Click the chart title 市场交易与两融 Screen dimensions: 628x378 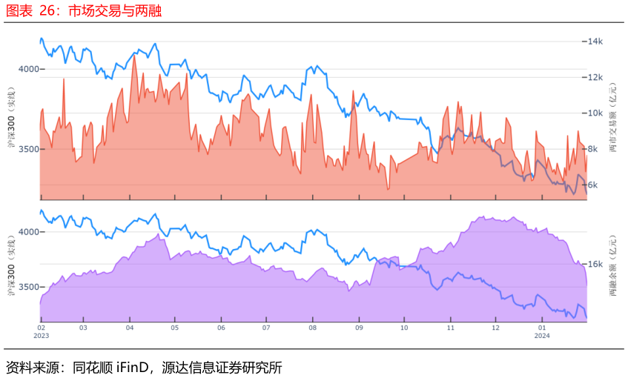click(115, 11)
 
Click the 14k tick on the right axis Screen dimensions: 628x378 click(595, 42)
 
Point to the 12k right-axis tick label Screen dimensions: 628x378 click(595, 77)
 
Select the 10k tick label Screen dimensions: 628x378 click(595, 113)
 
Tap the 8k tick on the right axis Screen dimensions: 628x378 click(592, 149)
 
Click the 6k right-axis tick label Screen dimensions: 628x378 click(592, 185)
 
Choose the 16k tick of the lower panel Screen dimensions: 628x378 click(595, 264)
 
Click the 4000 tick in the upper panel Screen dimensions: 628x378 click(29, 69)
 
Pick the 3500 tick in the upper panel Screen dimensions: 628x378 click(29, 149)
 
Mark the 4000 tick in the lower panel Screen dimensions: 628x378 click(29, 232)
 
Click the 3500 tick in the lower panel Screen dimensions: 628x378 click(29, 287)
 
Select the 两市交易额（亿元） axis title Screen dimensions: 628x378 click(613, 117)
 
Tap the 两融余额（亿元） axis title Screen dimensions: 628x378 click(613, 265)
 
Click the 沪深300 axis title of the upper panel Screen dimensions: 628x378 click(11, 117)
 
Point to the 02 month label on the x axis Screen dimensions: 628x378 click(42, 328)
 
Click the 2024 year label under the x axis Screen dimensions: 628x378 click(542, 336)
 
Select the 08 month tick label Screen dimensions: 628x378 click(312, 328)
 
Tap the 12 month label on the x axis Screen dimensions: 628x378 click(496, 328)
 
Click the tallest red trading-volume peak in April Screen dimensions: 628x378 click(133, 56)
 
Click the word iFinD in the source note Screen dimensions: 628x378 click(133, 367)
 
